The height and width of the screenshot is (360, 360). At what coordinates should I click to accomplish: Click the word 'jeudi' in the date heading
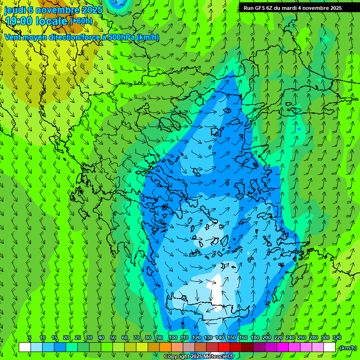point(15,10)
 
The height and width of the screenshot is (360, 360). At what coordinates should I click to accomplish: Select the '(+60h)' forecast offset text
point(81,21)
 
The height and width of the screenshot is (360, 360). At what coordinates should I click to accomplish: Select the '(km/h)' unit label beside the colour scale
point(347,348)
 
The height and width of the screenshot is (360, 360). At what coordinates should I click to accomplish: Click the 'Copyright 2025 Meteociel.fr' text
point(199,357)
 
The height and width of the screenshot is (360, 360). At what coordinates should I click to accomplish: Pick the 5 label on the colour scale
point(30,337)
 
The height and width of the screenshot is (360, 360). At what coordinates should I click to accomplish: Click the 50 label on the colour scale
point(112,337)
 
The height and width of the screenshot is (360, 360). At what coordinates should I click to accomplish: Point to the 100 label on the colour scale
point(172,337)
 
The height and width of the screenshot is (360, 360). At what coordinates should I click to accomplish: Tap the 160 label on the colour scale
point(243,337)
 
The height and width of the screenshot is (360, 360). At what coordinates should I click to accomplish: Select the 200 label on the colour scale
point(267,337)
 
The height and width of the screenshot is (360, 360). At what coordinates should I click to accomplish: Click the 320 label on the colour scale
point(337,337)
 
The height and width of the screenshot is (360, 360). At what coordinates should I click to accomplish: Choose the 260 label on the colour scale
point(301,337)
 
